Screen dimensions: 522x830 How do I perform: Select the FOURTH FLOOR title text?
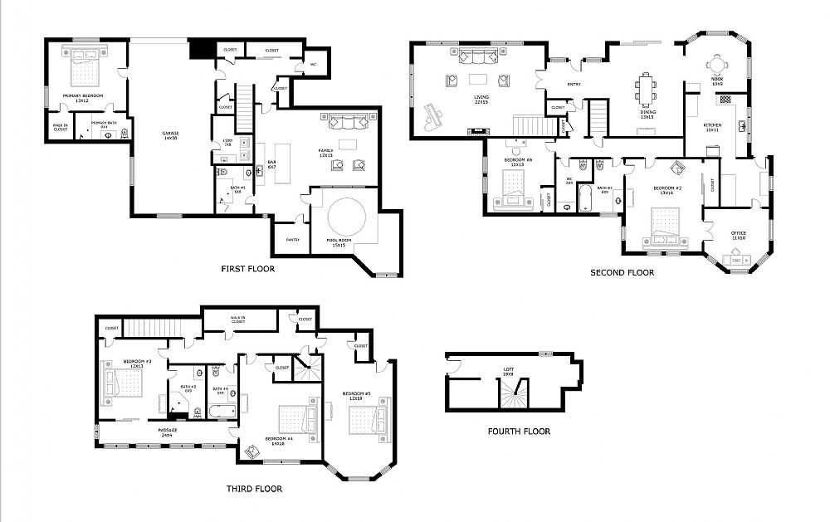coord(519,431)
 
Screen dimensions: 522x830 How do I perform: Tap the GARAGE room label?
coord(170,134)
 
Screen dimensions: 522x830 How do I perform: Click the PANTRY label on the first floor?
coord(292,239)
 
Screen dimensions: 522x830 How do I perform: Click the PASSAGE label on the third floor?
coord(168,431)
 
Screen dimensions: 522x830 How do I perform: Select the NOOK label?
coord(717,81)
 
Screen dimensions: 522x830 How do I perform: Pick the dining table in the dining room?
coord(646,89)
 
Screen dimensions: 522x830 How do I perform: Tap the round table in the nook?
coord(717,65)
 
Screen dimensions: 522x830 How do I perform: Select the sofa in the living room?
coord(477,56)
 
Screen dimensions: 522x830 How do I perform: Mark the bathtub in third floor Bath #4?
coord(222,412)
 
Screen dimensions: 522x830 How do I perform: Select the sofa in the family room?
coord(348,123)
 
